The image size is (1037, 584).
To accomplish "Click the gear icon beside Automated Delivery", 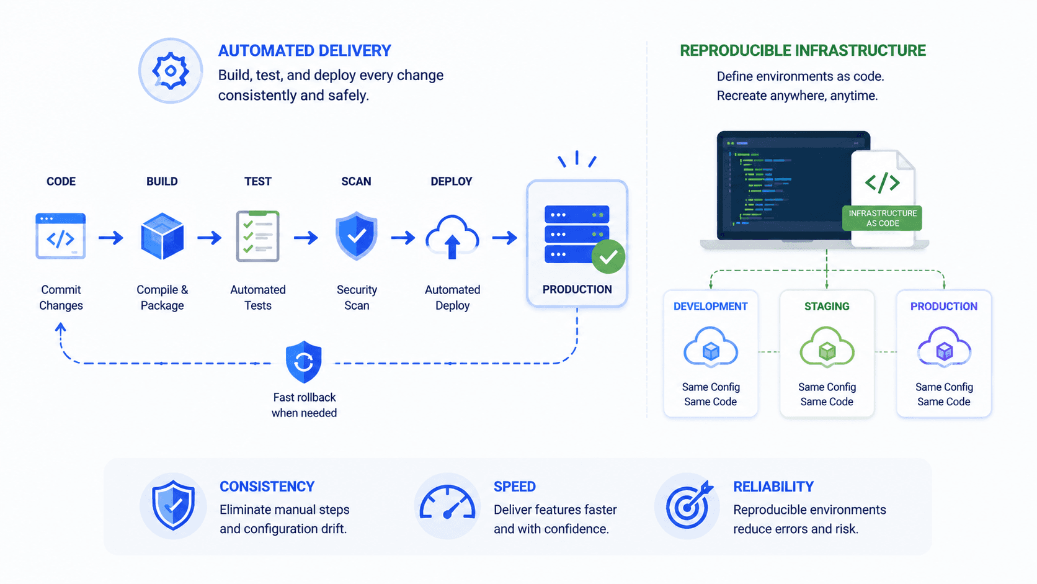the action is [x=171, y=71].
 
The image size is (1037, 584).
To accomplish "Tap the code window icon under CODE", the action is [x=61, y=236].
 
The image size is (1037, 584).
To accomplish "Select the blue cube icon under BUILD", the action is [x=162, y=236].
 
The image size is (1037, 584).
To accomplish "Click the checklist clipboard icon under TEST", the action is [x=258, y=236].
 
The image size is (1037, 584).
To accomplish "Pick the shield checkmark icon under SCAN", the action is [x=357, y=236].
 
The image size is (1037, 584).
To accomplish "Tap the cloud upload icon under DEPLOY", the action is [x=452, y=236].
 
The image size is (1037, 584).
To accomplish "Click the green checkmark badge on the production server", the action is [x=608, y=256].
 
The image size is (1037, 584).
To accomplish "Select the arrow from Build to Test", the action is [x=210, y=238].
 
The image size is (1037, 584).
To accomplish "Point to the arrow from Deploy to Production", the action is [x=505, y=238].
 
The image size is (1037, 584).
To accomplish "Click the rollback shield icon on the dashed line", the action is [x=304, y=362].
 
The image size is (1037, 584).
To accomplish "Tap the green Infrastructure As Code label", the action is [x=883, y=218].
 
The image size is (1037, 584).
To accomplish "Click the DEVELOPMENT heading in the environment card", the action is [x=711, y=306].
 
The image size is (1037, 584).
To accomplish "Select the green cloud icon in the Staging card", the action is [x=827, y=348].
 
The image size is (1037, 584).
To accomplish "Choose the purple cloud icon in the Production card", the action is [x=944, y=348].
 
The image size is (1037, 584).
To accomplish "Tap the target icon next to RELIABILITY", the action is [x=689, y=505].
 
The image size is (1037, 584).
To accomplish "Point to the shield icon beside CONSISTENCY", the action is [x=173, y=505].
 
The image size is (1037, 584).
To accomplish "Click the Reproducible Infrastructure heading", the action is [x=803, y=50].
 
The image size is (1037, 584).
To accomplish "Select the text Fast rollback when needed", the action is [x=304, y=405].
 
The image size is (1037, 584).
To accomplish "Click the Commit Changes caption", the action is [x=61, y=297].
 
